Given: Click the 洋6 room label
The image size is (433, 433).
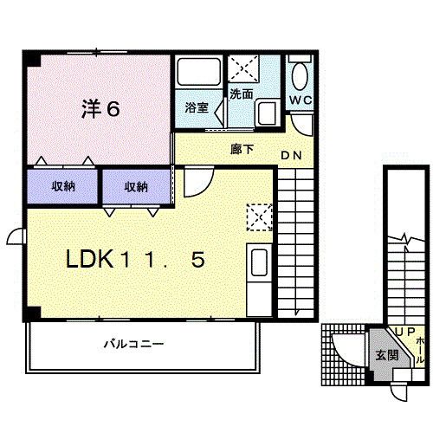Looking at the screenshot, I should tap(100, 109).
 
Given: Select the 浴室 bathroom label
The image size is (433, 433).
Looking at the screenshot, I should tap(197, 108).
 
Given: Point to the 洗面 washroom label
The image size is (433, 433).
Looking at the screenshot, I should tap(241, 94).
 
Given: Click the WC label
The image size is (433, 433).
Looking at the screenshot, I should tap(300, 100).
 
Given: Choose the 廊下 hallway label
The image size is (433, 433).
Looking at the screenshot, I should tap(242, 149).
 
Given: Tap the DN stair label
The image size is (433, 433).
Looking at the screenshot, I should tap(290, 157).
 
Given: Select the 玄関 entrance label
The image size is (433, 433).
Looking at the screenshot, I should tap(386, 355).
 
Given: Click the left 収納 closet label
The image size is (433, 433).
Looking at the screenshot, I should tap(62, 186).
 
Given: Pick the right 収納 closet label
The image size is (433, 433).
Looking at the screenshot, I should tap(135, 186).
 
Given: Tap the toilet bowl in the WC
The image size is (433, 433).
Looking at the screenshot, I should tap(300, 77).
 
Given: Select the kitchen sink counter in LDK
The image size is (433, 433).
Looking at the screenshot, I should tap(258, 270).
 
